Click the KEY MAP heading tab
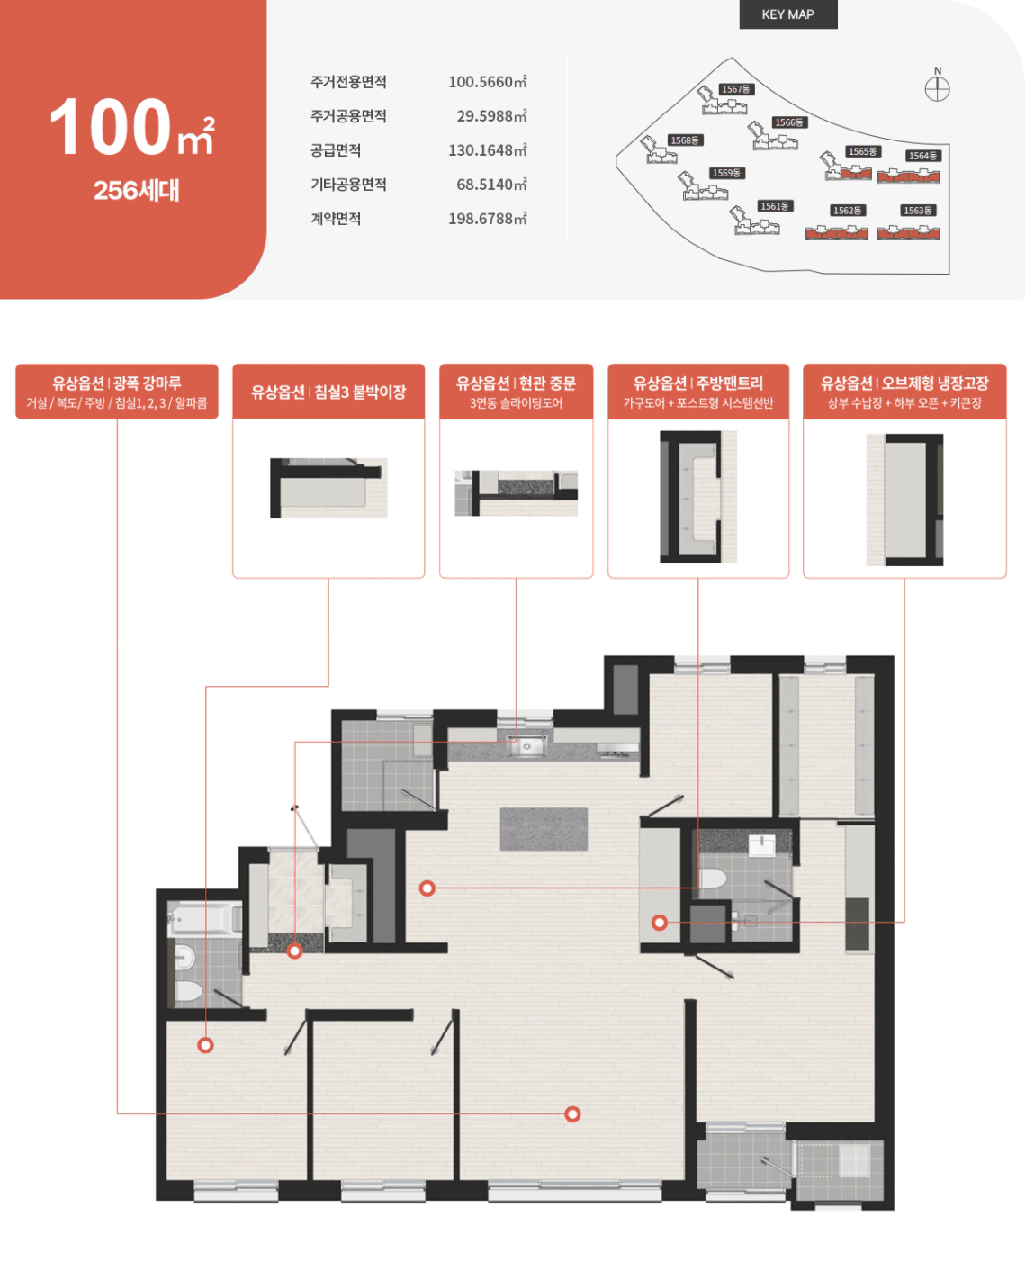point(788,14)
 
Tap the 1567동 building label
point(736,89)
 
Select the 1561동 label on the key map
point(774,206)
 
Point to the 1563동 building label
point(917,210)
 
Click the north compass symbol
point(937,89)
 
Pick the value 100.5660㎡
point(488,82)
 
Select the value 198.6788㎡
point(488,219)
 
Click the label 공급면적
point(336,149)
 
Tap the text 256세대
point(137,190)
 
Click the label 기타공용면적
point(348,184)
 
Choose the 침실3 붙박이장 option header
point(328,392)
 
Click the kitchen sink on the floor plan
point(526,745)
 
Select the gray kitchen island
point(544,829)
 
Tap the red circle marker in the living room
point(572,1113)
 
